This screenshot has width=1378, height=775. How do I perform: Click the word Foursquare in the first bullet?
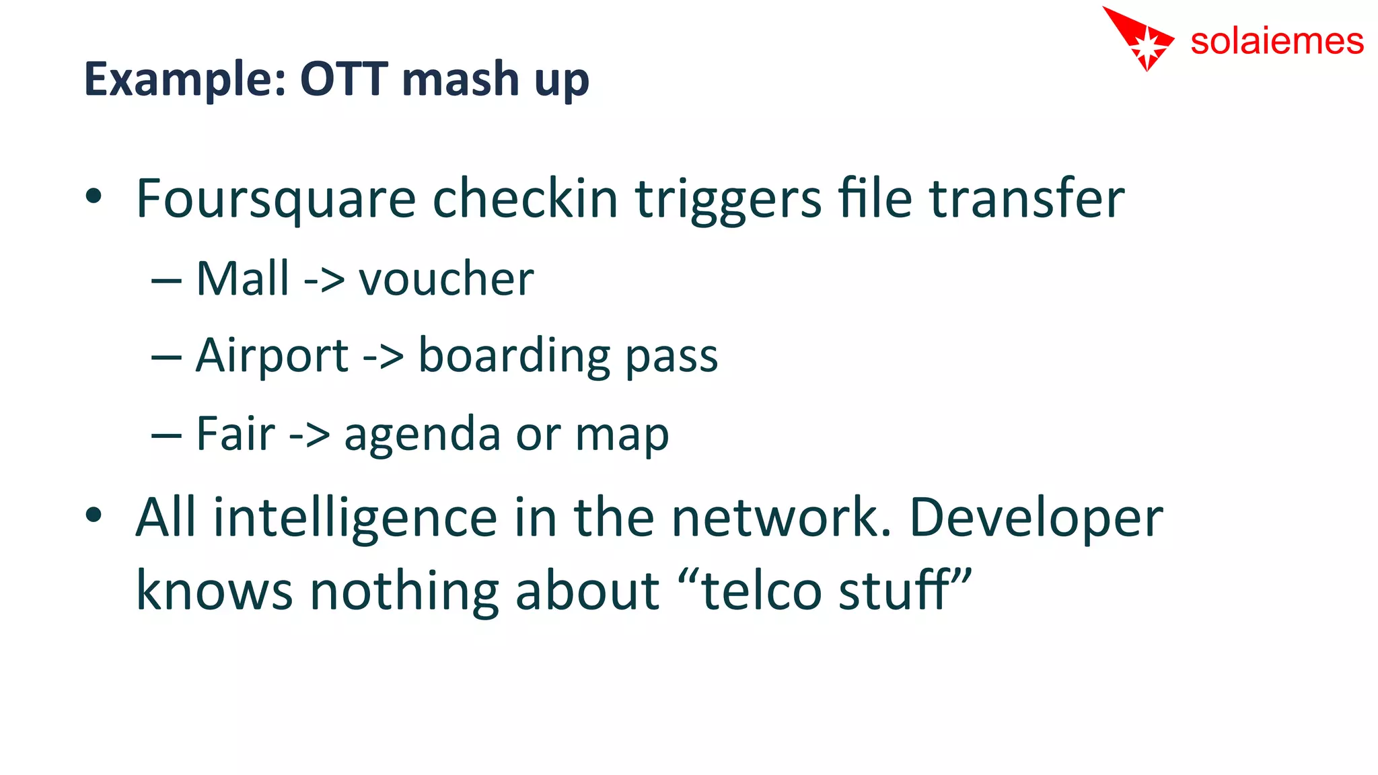pos(276,200)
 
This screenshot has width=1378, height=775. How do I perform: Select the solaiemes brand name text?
pos(1276,42)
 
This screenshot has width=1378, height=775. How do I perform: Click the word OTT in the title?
pos(344,79)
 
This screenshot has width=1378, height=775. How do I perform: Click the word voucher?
pos(446,279)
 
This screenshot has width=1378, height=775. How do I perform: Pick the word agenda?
pos(422,435)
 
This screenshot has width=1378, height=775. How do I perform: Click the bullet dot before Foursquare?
pos(94,196)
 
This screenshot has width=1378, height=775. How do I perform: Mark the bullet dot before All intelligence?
pos(94,515)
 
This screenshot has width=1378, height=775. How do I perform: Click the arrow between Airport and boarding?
pos(383,357)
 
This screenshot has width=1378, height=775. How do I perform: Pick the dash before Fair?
pos(166,435)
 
